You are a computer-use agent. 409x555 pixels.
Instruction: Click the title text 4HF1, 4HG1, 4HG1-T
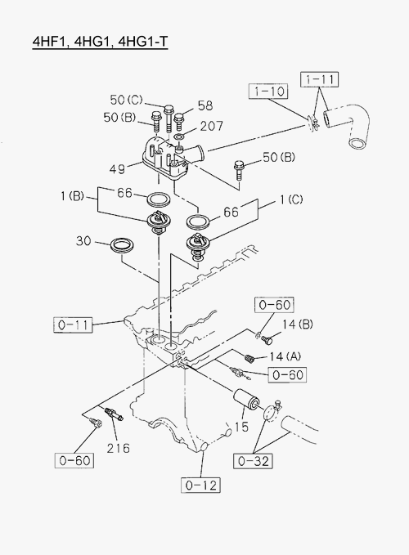pyautogui.click(x=101, y=42)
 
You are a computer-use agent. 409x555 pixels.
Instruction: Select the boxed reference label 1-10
pyautogui.click(x=269, y=92)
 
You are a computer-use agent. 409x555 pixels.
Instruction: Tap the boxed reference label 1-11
pyautogui.click(x=320, y=79)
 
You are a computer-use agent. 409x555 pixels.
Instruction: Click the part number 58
pyautogui.click(x=205, y=105)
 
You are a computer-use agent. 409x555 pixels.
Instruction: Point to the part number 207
pyautogui.click(x=212, y=126)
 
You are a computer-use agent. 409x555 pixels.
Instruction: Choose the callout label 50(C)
pyautogui.click(x=126, y=100)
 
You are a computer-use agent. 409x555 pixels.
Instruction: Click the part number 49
pyautogui.click(x=117, y=169)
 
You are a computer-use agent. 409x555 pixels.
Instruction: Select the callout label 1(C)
pyautogui.click(x=291, y=200)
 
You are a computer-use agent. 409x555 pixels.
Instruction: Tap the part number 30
pyautogui.click(x=83, y=241)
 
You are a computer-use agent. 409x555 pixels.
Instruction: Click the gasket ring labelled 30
pyautogui.click(x=123, y=245)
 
